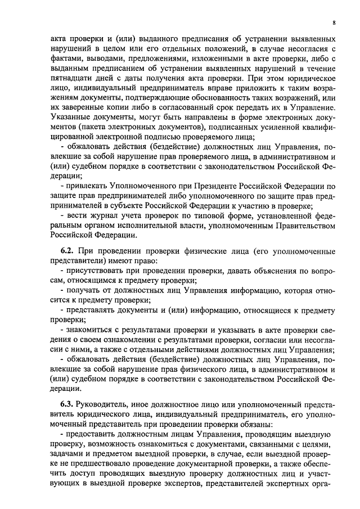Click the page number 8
point(334,22)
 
